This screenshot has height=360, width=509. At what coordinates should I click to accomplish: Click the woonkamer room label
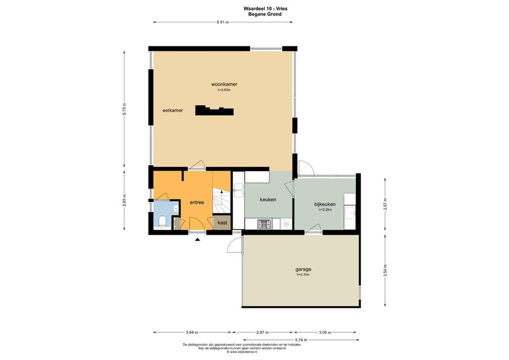[224, 84]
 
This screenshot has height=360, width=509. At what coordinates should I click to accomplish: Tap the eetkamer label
[173, 111]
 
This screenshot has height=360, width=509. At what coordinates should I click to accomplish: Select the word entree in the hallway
[197, 202]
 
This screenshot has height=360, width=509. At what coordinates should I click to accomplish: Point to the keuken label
[268, 200]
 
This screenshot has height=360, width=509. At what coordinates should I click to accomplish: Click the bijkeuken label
[325, 204]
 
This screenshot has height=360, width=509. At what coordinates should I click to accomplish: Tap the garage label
[303, 269]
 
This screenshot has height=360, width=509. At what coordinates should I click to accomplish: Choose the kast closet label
[222, 223]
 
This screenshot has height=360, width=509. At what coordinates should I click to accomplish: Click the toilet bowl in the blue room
[162, 221]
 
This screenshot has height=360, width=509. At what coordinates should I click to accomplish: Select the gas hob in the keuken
[264, 224]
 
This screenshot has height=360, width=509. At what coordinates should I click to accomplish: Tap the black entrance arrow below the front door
[198, 239]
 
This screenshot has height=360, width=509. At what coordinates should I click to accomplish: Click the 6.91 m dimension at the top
[223, 22]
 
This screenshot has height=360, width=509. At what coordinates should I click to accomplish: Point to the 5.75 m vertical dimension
[124, 109]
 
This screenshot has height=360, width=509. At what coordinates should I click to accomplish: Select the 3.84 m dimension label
[192, 332]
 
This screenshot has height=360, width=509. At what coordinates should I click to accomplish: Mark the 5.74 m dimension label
[301, 340]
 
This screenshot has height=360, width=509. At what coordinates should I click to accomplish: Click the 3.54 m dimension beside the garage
[385, 271]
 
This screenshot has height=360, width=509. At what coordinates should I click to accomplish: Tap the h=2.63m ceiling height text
[224, 90]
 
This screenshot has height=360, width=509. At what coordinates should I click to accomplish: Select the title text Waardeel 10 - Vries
[265, 9]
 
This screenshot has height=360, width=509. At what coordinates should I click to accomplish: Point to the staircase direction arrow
[222, 195]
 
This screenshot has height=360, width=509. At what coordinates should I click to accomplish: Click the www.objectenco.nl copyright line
[242, 352]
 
